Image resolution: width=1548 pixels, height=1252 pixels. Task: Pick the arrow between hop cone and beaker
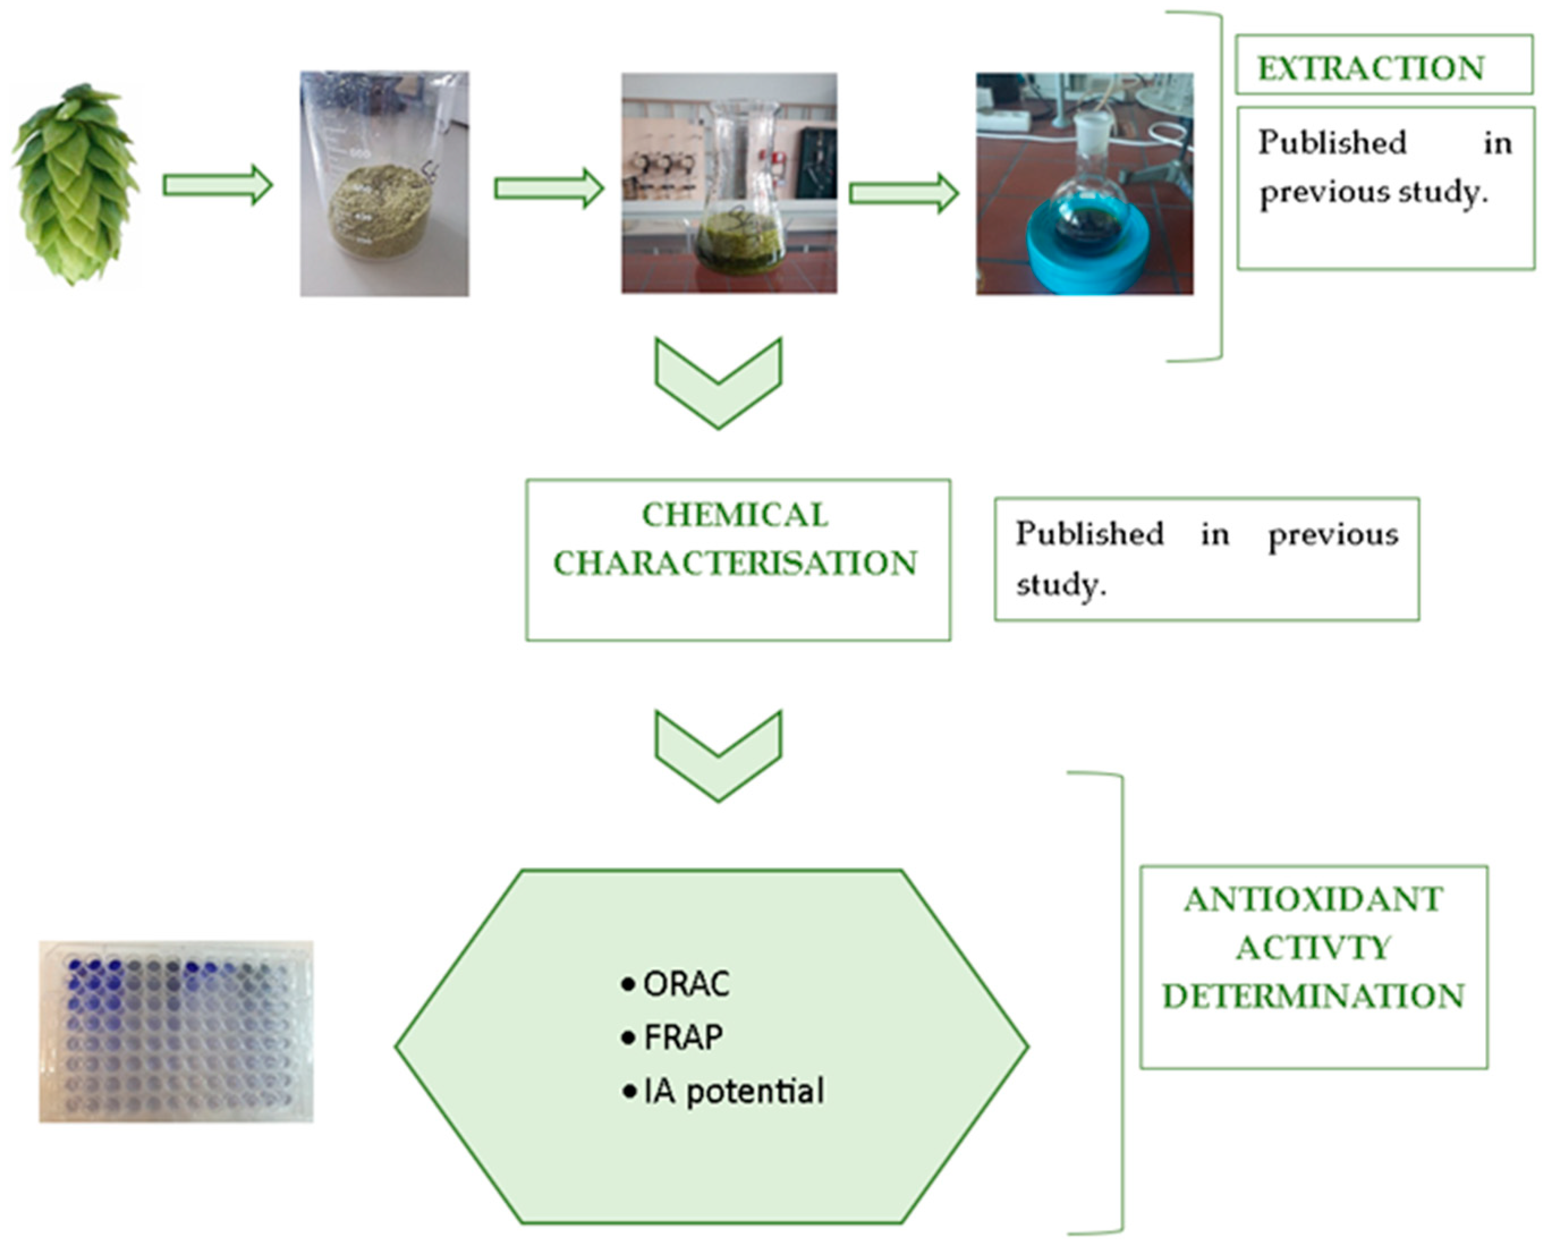[217, 185]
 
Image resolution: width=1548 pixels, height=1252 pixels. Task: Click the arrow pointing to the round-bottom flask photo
[904, 193]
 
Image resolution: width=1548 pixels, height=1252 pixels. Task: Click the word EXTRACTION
[1371, 69]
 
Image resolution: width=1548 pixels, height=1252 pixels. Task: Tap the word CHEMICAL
[735, 516]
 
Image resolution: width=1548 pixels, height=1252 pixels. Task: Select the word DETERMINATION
[1313, 997]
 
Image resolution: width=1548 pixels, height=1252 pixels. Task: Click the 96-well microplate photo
[176, 1031]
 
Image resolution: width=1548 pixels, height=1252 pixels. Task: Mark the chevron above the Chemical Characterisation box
[718, 382]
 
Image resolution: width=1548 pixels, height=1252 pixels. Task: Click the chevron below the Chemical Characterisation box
[718, 755]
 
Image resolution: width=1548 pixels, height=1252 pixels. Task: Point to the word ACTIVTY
[1313, 948]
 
